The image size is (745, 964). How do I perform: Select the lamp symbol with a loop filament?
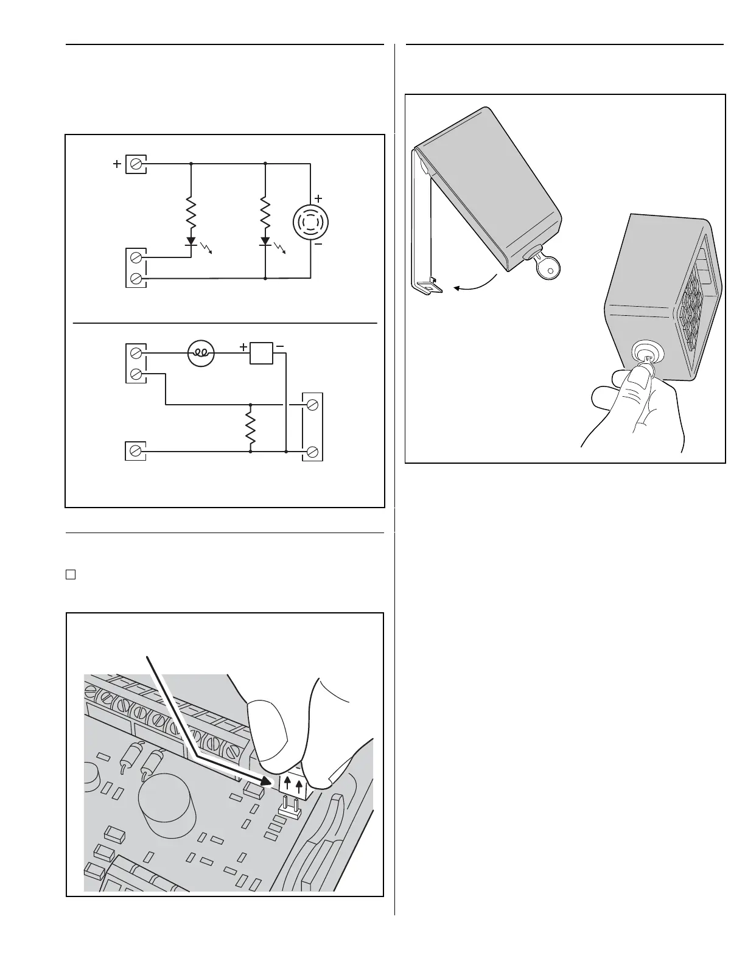pos(201,353)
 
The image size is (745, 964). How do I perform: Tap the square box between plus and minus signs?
pos(261,353)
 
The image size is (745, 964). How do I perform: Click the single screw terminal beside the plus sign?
pos(136,164)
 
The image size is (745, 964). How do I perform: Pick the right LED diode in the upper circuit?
pos(265,241)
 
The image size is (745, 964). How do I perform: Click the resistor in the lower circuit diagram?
pos(250,427)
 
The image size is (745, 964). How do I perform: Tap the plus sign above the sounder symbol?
pos(318,199)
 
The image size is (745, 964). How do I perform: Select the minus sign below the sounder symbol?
pos(318,243)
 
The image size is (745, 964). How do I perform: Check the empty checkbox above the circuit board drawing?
pos(71,574)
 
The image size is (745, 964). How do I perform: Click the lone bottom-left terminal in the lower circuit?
pos(136,451)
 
